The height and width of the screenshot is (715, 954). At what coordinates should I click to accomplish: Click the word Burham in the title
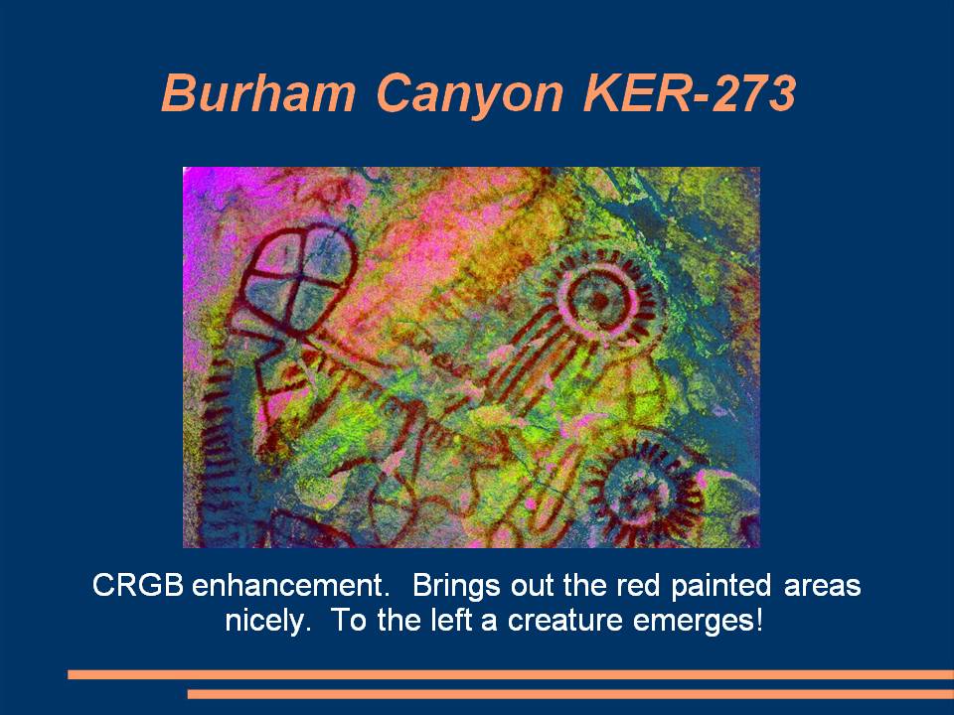tap(258, 93)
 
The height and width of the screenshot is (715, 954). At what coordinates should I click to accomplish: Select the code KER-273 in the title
tap(690, 93)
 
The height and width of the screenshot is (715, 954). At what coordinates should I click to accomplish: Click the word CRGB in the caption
tap(138, 586)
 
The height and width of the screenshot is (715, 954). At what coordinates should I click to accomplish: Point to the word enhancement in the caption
tap(290, 586)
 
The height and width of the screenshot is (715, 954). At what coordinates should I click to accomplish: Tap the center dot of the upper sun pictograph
tap(599, 300)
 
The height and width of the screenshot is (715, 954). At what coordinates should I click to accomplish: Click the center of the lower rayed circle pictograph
tap(643, 495)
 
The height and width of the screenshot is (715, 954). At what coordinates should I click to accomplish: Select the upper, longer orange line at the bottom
tap(511, 674)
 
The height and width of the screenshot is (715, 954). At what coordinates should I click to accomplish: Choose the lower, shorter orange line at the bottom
tap(570, 694)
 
